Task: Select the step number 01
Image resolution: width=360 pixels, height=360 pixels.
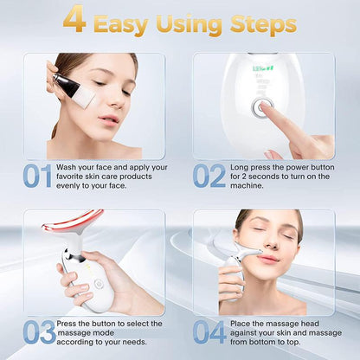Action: [x=38, y=177]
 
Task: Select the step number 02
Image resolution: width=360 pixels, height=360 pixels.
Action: [x=208, y=177]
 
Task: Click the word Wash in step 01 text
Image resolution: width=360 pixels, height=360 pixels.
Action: [x=71, y=167]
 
